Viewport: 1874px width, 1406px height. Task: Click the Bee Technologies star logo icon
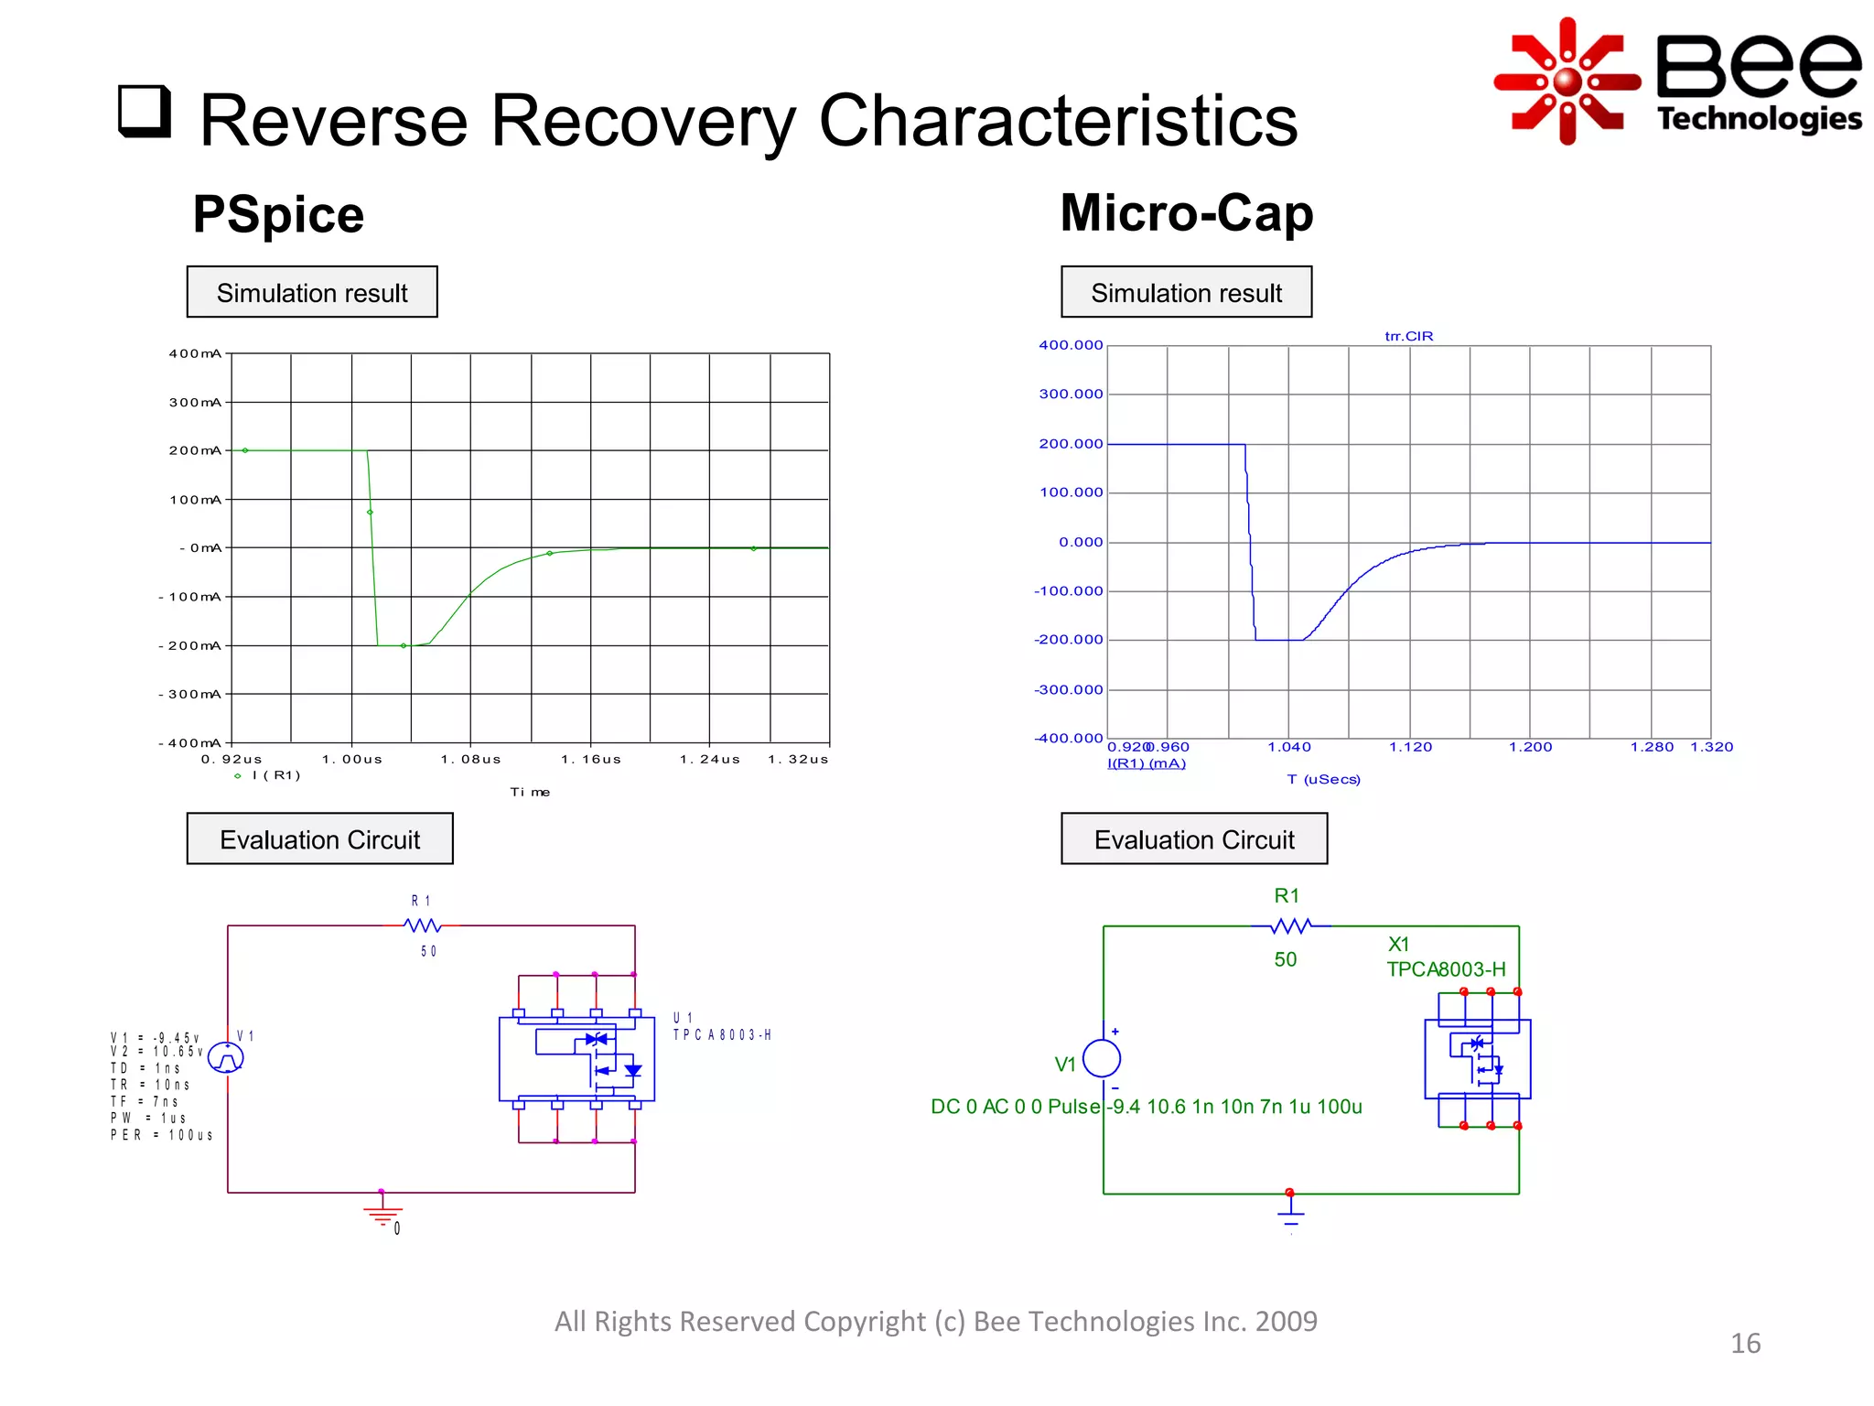coord(1567,81)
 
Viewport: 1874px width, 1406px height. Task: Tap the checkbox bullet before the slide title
coord(145,112)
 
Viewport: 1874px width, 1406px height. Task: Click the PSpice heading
coord(278,214)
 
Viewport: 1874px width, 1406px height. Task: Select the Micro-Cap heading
coord(1186,212)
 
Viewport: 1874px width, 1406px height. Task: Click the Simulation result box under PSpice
coord(312,292)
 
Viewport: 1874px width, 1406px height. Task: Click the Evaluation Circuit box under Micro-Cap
coord(1193,838)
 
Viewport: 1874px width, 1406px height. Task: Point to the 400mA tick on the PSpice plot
coord(195,353)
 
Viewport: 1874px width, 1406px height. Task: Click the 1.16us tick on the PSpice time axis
coord(591,759)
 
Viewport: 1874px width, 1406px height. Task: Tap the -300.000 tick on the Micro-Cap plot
coord(1069,689)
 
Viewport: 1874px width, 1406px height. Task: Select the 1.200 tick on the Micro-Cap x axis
coord(1530,747)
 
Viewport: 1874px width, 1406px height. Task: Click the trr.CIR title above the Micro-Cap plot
coord(1408,336)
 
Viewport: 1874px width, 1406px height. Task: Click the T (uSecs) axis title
coord(1323,779)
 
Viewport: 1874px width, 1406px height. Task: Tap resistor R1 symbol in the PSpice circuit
coord(423,925)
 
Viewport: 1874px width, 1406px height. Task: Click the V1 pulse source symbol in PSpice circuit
coord(226,1058)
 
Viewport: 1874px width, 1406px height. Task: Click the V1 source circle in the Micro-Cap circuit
coord(1102,1059)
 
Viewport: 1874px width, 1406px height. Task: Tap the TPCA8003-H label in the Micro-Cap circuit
coord(1445,969)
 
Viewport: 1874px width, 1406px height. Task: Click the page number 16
coord(1745,1343)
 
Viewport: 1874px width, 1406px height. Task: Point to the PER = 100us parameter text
coord(162,1135)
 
